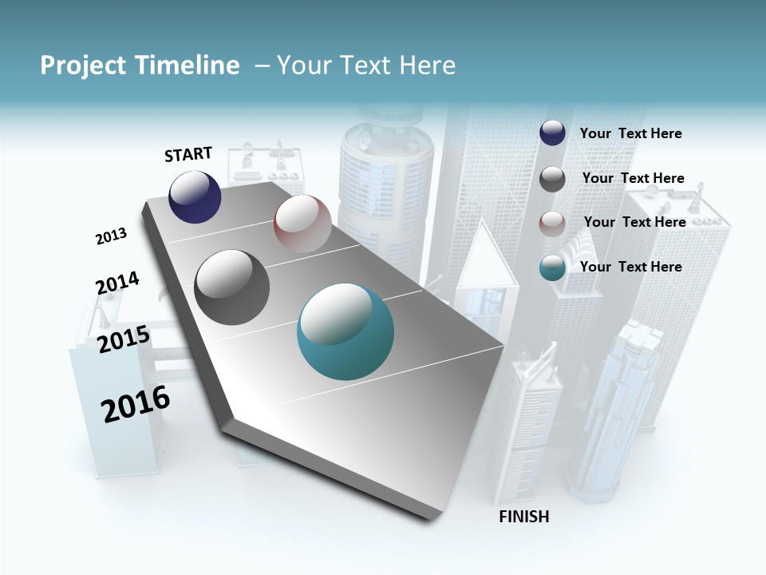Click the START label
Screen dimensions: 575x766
pos(188,154)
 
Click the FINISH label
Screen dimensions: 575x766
pos(524,517)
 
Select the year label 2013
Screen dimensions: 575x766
pos(111,236)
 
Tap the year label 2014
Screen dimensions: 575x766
pos(117,284)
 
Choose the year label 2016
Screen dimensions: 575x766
pos(136,404)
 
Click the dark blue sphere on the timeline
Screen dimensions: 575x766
pos(195,196)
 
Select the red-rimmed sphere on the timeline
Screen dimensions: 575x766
pos(302,223)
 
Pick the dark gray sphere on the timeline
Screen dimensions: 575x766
pos(231,287)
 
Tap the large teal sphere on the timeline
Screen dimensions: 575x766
pos(345,331)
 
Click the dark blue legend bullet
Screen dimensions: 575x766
pos(552,133)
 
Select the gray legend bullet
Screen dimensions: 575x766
pos(552,179)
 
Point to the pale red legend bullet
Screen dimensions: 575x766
pos(552,223)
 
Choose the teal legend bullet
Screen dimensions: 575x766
pos(552,268)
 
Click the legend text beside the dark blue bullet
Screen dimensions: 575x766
pos(630,133)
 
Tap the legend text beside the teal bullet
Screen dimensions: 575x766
pos(630,267)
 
